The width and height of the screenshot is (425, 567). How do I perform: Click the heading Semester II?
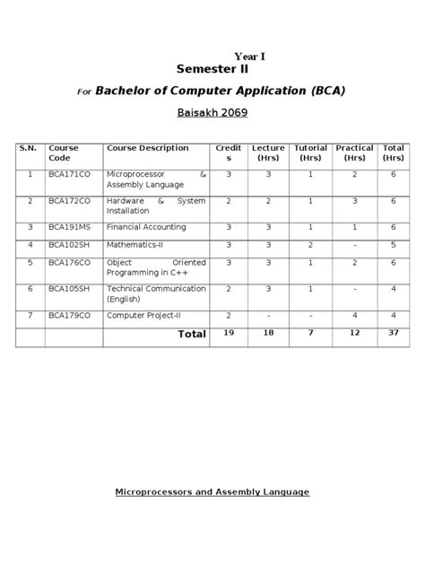[212, 68]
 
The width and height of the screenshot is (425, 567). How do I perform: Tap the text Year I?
[249, 56]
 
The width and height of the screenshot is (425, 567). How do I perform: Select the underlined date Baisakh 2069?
[212, 113]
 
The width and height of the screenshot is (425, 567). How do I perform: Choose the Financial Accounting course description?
[146, 227]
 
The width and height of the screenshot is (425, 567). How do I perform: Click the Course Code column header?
[64, 153]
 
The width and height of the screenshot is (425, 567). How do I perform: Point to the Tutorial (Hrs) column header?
[311, 153]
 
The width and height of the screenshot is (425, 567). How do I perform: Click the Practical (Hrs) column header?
[354, 153]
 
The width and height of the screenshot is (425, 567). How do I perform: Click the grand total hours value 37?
[393, 333]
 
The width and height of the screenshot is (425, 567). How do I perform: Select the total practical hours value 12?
[354, 333]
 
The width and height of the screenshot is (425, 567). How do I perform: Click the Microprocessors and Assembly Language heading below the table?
[212, 492]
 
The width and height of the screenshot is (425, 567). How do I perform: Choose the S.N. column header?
[30, 148]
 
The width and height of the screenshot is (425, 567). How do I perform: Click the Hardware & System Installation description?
[155, 205]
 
